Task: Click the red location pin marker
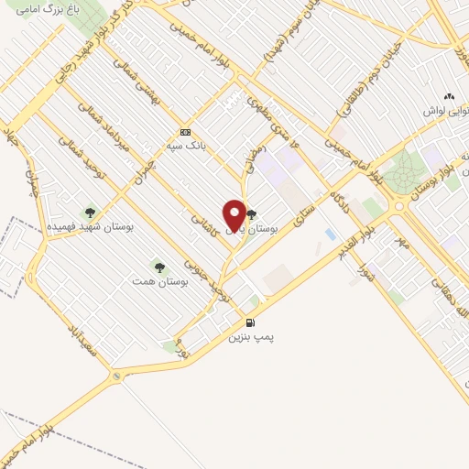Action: coord(234,215)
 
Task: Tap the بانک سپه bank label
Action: coord(183,146)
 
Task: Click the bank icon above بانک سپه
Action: coord(185,132)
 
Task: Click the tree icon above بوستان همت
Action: coord(160,267)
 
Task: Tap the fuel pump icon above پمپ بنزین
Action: coord(250,322)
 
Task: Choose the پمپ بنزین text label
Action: coord(252,337)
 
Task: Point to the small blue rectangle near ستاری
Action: coord(330,234)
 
